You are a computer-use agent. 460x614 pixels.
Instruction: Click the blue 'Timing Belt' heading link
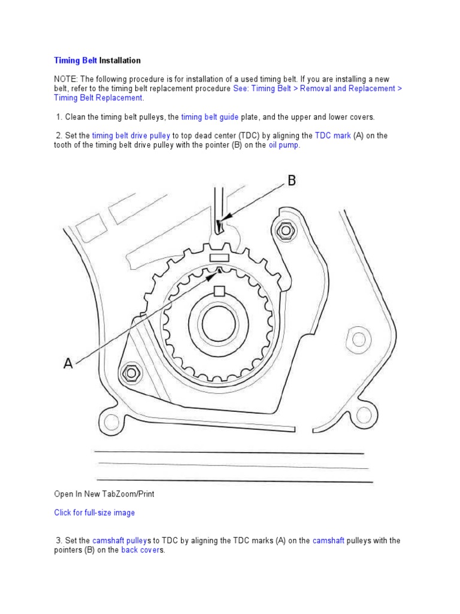click(x=75, y=61)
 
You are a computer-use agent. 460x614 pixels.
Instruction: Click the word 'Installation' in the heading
click(x=120, y=61)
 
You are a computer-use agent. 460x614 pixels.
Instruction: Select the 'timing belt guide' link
click(x=210, y=117)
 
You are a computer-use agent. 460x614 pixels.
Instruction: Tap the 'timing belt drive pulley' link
click(x=131, y=136)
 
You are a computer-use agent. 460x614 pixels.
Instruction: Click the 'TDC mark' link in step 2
click(x=333, y=136)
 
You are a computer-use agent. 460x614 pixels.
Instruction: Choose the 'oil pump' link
click(x=283, y=145)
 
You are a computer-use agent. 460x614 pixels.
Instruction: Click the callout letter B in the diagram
click(x=292, y=180)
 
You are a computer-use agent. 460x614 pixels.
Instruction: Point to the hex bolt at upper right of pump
click(x=285, y=228)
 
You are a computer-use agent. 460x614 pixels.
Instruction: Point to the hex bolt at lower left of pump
click(x=130, y=373)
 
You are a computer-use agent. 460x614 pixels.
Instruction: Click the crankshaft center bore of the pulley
click(x=219, y=324)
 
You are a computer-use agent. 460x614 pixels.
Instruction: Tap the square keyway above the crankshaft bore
click(x=219, y=291)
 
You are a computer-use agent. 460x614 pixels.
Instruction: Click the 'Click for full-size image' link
click(x=95, y=513)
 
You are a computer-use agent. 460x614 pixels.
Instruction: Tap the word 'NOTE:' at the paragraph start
click(x=66, y=79)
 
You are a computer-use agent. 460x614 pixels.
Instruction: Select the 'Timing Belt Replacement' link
click(x=98, y=98)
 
